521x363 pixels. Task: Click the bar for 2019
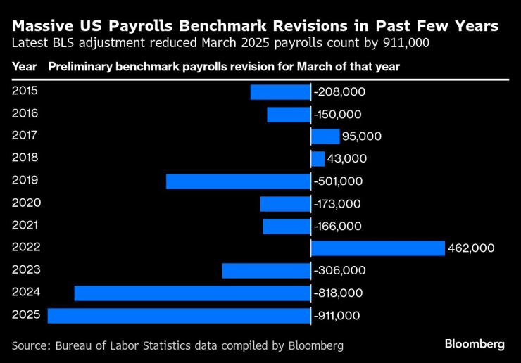tap(238, 181)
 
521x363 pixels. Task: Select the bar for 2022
tap(377, 248)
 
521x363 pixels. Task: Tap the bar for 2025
tap(179, 316)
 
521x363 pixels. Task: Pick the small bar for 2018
tap(318, 159)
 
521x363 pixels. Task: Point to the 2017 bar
tap(325, 136)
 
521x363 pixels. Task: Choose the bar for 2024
tap(192, 293)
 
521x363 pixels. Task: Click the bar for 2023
tap(266, 271)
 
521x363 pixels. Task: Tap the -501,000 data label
tap(338, 181)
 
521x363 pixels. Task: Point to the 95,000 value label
tap(362, 136)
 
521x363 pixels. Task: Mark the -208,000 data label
tap(339, 91)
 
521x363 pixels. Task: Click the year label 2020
tap(26, 203)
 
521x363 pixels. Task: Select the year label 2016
tap(26, 113)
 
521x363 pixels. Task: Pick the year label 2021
tap(26, 225)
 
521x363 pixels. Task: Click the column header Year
tap(23, 67)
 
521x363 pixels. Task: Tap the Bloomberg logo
tap(475, 344)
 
